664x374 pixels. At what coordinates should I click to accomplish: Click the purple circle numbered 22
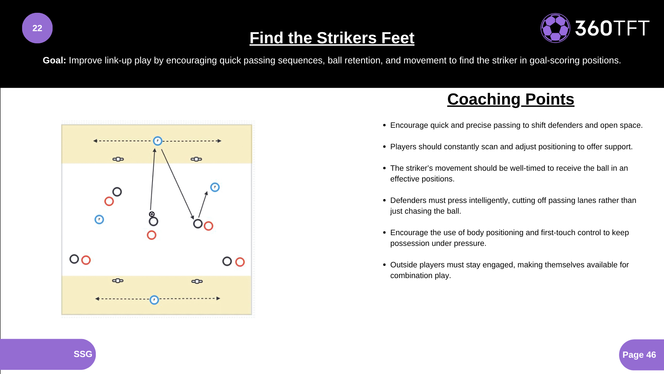37,28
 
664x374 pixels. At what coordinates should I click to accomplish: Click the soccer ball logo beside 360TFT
555,28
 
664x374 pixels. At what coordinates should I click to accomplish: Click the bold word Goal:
54,60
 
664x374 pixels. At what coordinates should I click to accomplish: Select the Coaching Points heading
511,99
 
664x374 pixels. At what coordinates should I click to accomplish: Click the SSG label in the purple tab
83,354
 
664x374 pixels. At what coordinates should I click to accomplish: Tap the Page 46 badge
639,355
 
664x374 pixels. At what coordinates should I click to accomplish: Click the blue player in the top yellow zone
158,141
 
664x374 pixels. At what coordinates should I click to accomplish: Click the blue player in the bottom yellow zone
154,300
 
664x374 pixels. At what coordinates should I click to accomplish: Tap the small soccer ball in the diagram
152,214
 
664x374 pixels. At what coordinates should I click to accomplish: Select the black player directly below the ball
153,222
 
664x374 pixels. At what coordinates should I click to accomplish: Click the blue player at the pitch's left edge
99,220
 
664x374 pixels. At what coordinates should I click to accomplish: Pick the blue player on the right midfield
215,187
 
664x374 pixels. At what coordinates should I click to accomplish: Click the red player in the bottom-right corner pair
240,262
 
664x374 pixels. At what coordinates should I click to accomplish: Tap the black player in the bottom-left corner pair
74,259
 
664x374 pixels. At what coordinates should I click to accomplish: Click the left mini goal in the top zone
118,159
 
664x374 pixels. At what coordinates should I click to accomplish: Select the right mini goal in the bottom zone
197,281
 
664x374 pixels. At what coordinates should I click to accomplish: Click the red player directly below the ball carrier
151,235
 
